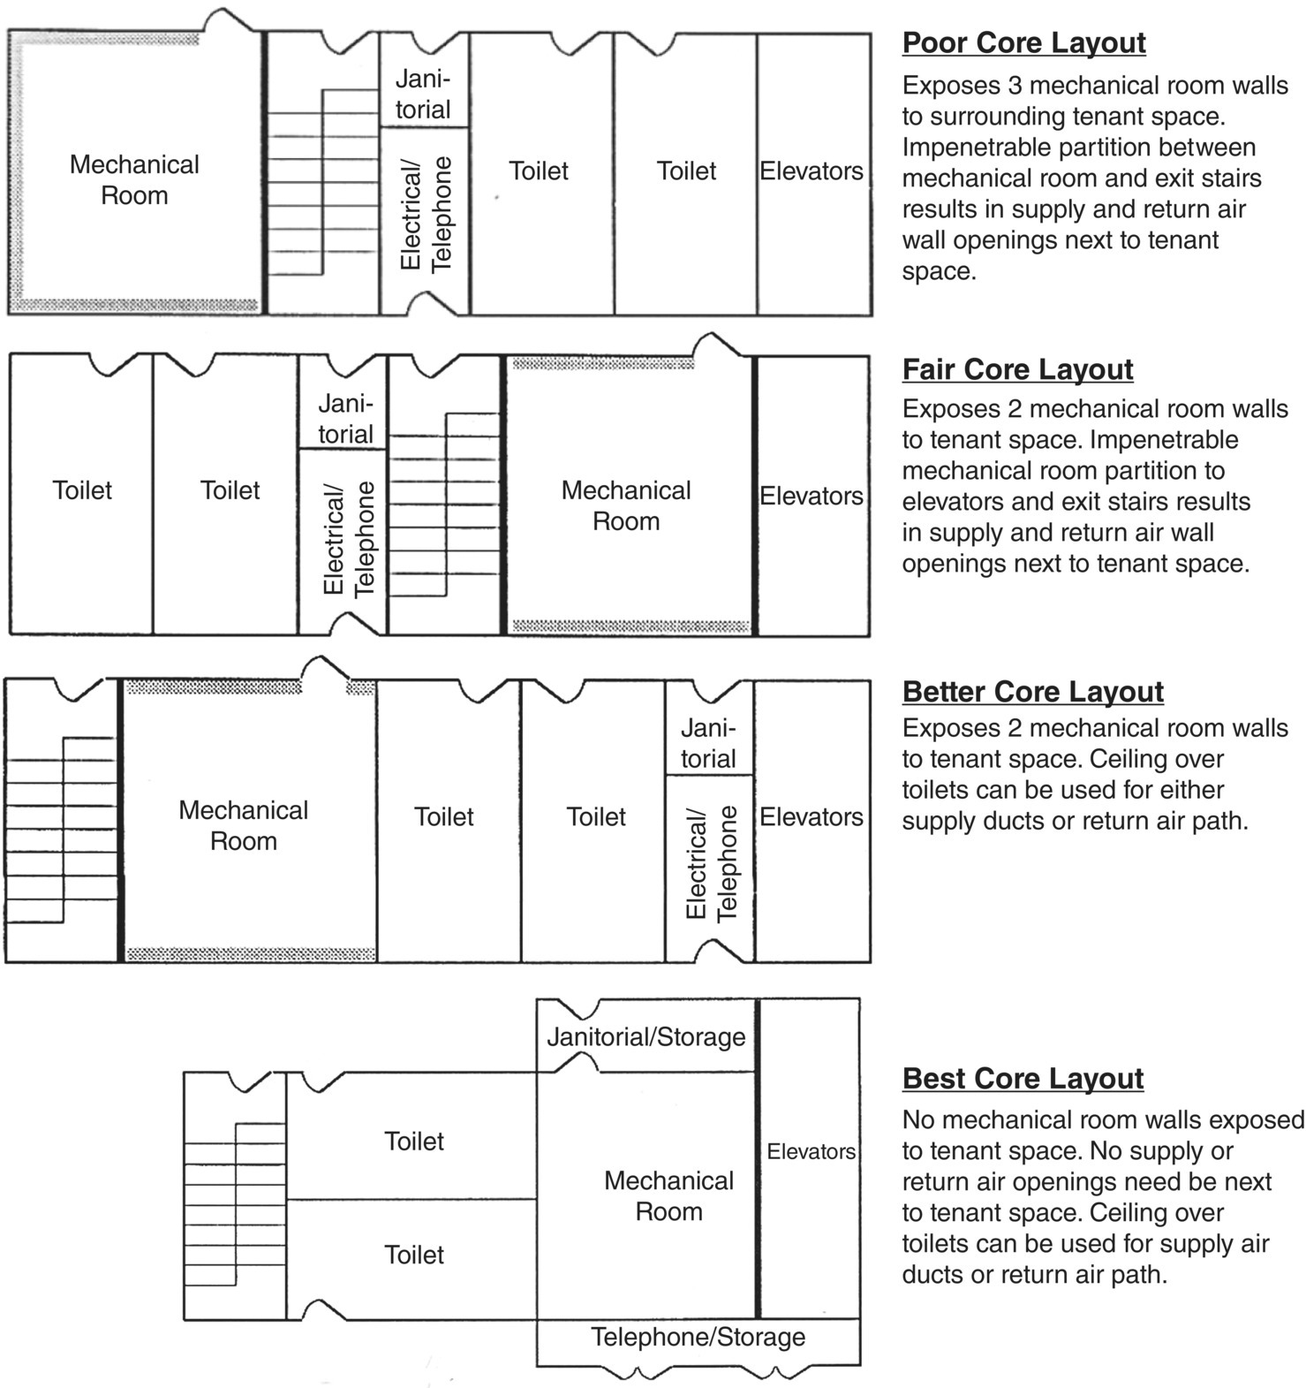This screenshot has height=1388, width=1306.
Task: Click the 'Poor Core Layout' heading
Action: (1023, 42)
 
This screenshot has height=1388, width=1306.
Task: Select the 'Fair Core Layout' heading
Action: (1017, 368)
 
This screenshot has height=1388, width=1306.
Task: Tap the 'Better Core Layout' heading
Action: (1032, 691)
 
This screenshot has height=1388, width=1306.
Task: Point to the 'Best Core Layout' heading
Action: (1023, 1078)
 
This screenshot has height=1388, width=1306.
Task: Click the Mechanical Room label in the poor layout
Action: (134, 179)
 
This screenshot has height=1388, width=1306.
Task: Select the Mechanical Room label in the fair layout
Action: (626, 505)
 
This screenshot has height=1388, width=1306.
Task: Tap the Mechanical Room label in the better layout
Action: (244, 825)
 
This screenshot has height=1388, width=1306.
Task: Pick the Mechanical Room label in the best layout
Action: (668, 1195)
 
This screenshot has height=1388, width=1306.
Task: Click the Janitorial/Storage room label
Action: (645, 1036)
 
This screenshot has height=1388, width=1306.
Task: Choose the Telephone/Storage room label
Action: (698, 1337)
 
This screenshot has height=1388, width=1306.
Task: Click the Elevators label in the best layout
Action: (811, 1151)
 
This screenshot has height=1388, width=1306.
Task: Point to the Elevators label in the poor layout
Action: (812, 171)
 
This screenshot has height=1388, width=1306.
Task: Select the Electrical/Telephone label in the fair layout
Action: (349, 539)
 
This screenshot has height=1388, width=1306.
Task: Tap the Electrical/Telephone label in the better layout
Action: (711, 863)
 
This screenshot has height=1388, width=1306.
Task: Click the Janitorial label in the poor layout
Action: (423, 94)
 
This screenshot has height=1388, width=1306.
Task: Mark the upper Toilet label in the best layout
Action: (413, 1141)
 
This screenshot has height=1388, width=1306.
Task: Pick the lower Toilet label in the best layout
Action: (413, 1255)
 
